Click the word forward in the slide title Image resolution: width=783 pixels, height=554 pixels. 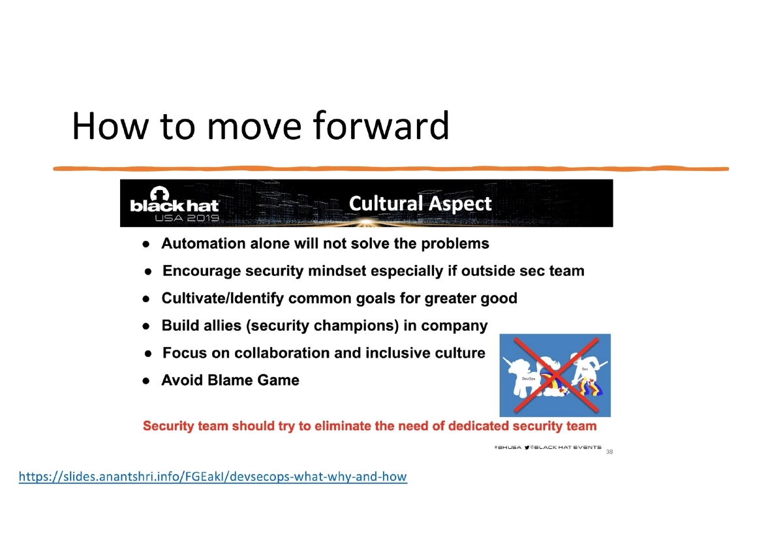click(381, 126)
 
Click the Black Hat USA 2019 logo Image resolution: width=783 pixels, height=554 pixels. click(174, 204)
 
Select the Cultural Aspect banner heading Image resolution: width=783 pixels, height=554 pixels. click(420, 204)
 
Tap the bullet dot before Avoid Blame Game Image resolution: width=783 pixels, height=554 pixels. click(148, 381)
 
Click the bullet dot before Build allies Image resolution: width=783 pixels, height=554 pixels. click(148, 326)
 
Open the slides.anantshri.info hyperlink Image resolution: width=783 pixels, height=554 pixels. click(213, 477)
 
